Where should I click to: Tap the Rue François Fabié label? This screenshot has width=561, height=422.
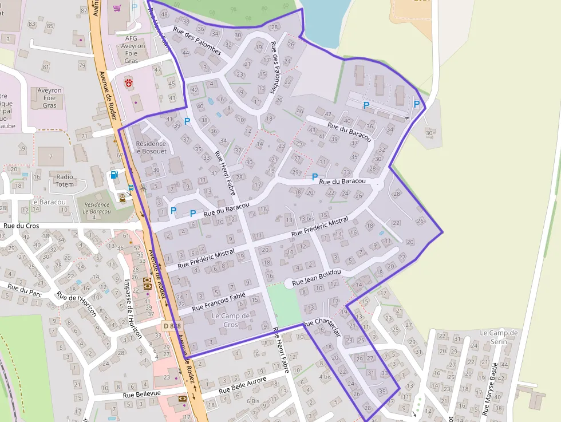[219, 301]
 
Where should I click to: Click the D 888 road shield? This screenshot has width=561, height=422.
[171, 326]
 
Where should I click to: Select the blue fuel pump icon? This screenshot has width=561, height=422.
[114, 175]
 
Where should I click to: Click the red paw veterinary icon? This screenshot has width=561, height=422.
[129, 83]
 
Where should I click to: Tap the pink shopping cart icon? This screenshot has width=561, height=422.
[117, 8]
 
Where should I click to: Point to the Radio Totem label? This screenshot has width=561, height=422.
[65, 180]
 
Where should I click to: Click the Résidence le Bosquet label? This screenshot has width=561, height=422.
[151, 147]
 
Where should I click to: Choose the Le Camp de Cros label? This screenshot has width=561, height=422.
[231, 320]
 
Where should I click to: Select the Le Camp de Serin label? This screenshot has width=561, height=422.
[499, 336]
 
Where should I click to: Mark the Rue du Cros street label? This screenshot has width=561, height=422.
[21, 226]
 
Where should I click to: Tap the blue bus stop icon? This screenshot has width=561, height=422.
[132, 187]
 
